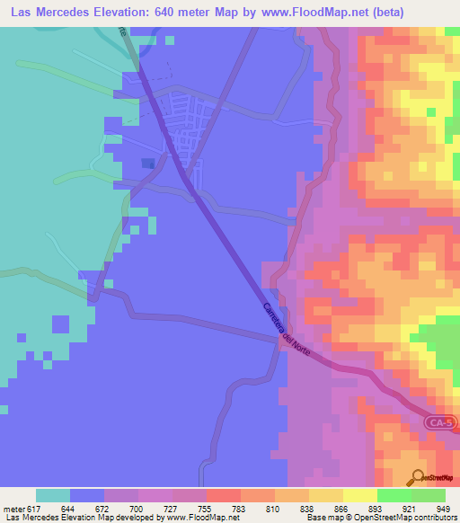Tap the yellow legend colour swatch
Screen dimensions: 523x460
coord(359,495)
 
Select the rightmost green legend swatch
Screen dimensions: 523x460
coord(429,495)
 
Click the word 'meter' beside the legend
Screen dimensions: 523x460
coord(13,509)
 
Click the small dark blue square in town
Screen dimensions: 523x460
coord(147,163)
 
